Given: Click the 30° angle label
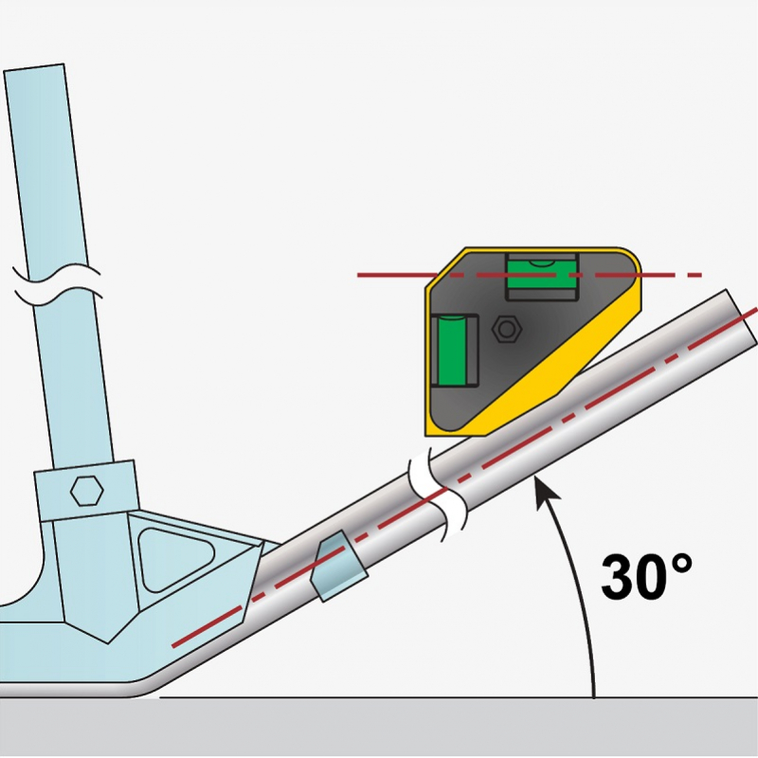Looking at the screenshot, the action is pyautogui.click(x=647, y=577).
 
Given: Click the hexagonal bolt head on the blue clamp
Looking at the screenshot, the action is pyautogui.click(x=86, y=491).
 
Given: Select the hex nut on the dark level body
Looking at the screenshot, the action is pyautogui.click(x=507, y=329).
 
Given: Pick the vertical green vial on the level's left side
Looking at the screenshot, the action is pyautogui.click(x=454, y=351).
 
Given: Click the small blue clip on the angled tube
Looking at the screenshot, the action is pyautogui.click(x=339, y=566).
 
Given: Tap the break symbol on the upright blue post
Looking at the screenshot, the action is pyautogui.click(x=57, y=285).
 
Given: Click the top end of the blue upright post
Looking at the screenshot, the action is pyautogui.click(x=34, y=67).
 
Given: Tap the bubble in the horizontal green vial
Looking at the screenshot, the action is pyautogui.click(x=543, y=263).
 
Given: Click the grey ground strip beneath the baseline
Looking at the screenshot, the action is pyautogui.click(x=379, y=728).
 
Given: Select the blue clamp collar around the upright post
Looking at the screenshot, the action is pyautogui.click(x=86, y=490).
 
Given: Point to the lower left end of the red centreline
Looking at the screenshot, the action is pyautogui.click(x=172, y=646).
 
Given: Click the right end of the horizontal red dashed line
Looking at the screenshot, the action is pyautogui.click(x=701, y=275).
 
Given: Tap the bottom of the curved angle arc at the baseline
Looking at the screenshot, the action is pyautogui.click(x=594, y=696).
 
